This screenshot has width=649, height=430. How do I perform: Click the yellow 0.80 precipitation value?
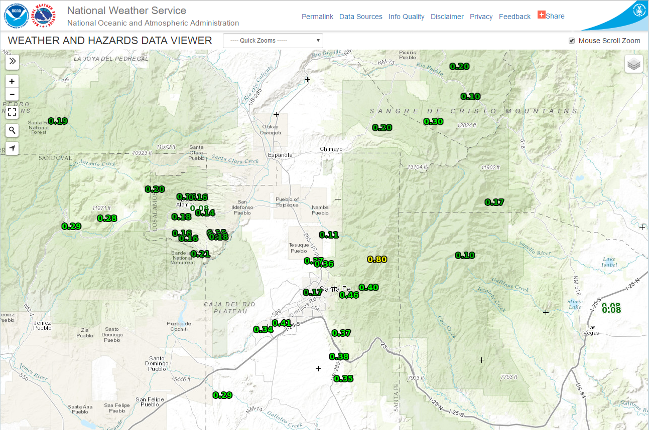(x=377, y=259)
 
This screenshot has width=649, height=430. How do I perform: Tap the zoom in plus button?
(x=12, y=81)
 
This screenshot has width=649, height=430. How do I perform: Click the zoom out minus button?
(x=12, y=94)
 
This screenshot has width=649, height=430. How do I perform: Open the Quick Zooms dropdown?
(x=273, y=41)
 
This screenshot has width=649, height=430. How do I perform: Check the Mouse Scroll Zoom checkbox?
(x=572, y=41)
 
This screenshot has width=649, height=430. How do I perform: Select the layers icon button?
(x=634, y=64)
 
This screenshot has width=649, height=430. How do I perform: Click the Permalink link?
(x=317, y=17)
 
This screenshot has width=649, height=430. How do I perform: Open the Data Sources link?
(x=360, y=17)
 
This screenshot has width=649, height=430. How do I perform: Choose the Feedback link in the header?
(x=514, y=17)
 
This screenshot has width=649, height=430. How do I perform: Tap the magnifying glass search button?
(x=12, y=130)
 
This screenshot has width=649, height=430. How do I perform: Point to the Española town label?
(x=280, y=155)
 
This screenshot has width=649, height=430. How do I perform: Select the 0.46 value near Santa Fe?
(x=349, y=295)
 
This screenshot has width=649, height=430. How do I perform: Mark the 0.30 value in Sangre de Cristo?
(x=433, y=121)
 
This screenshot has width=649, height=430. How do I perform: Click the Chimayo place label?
(x=331, y=149)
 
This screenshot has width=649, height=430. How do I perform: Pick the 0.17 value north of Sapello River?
(x=494, y=202)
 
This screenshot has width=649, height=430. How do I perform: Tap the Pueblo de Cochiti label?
(x=179, y=326)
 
